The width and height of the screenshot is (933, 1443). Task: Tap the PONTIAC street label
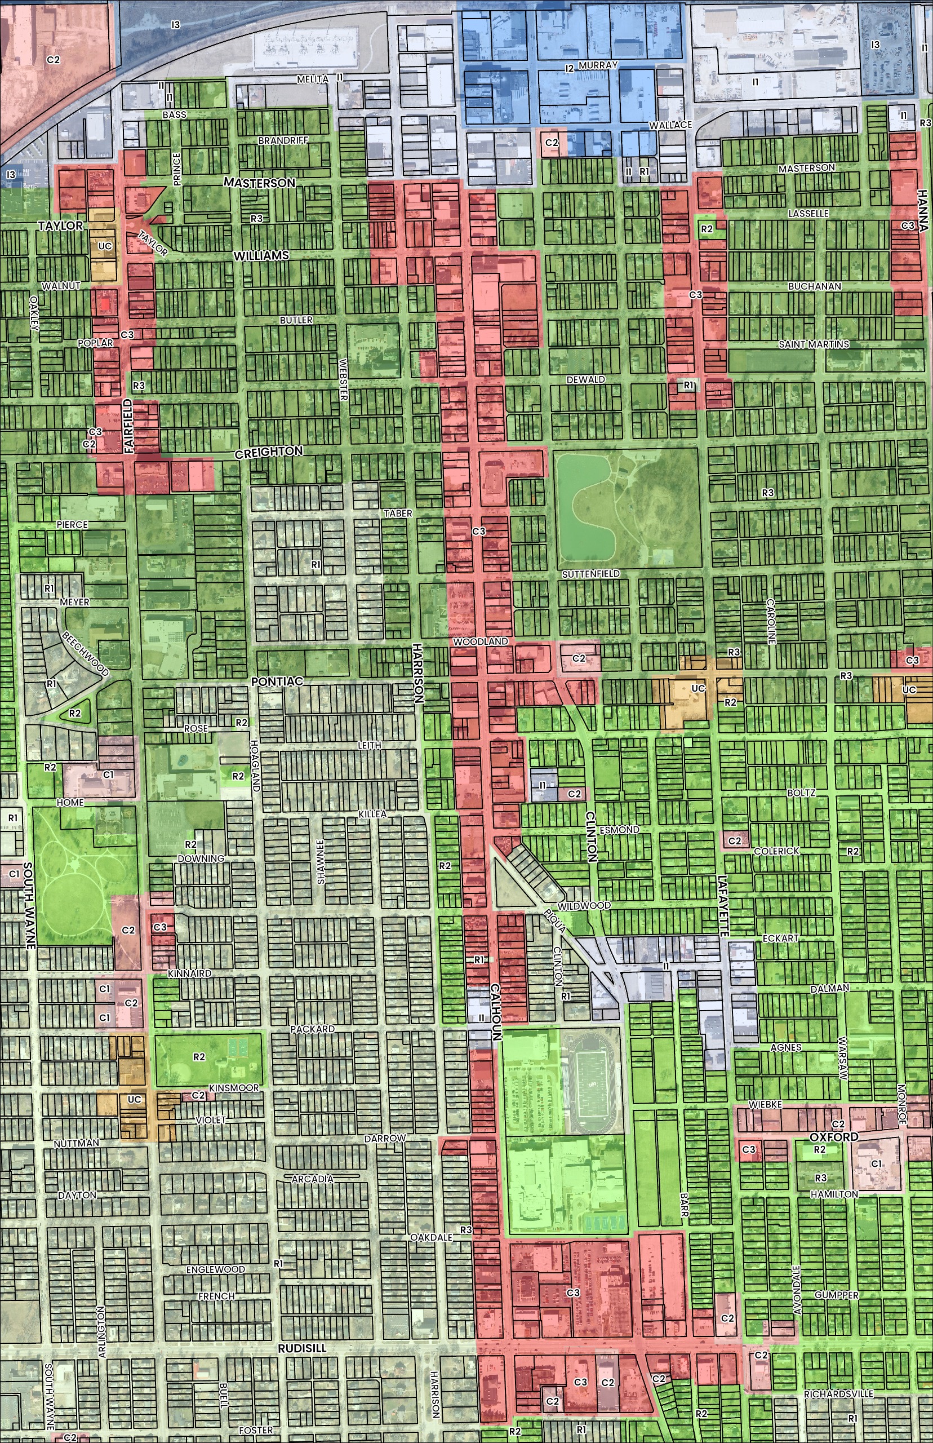coord(277,682)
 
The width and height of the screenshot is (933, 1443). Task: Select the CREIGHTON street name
coord(268,451)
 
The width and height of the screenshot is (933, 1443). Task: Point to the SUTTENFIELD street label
coord(590,573)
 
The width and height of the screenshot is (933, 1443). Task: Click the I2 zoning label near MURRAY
coord(569,68)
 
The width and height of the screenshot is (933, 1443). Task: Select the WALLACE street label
coord(670,125)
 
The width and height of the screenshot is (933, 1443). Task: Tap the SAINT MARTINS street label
coord(813,344)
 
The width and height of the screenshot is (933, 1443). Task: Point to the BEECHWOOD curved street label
coord(86,654)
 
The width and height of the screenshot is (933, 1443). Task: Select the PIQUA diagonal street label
coord(556,920)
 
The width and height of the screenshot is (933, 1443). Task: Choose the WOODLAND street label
coord(481,641)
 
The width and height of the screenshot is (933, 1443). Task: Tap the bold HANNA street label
coord(922,211)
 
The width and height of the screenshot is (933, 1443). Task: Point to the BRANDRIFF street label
coord(283,140)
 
